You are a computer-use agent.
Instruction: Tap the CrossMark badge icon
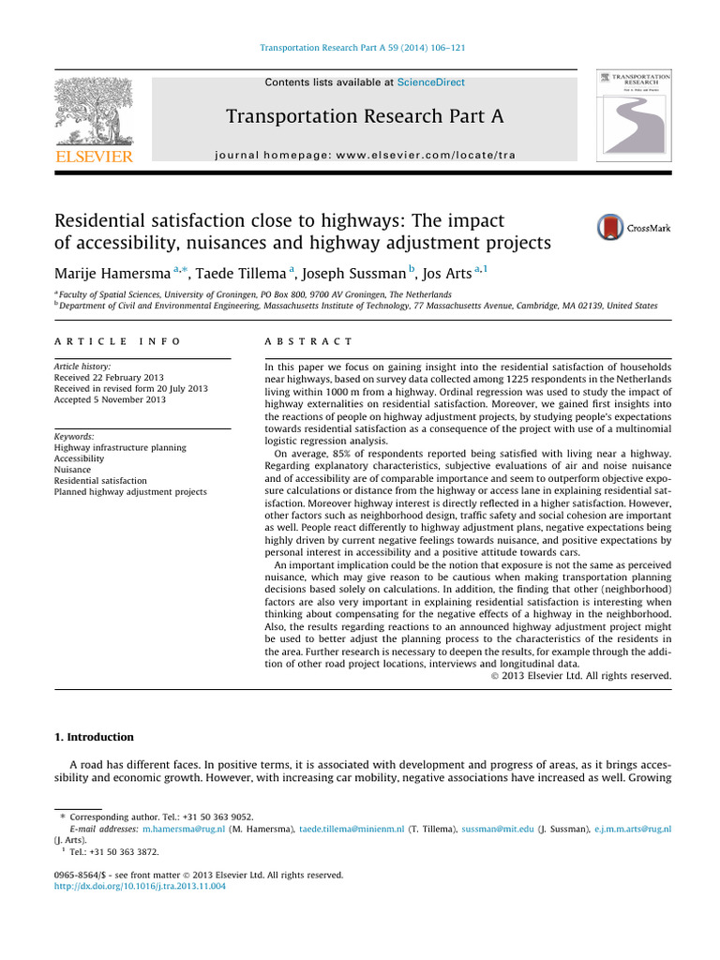(611, 228)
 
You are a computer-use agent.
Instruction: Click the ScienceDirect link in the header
(430, 82)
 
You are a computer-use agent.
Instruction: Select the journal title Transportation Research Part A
(365, 116)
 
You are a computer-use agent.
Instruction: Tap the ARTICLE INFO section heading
(117, 342)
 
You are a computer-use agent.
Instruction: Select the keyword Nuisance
(75, 470)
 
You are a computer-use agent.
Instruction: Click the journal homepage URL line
(365, 154)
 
